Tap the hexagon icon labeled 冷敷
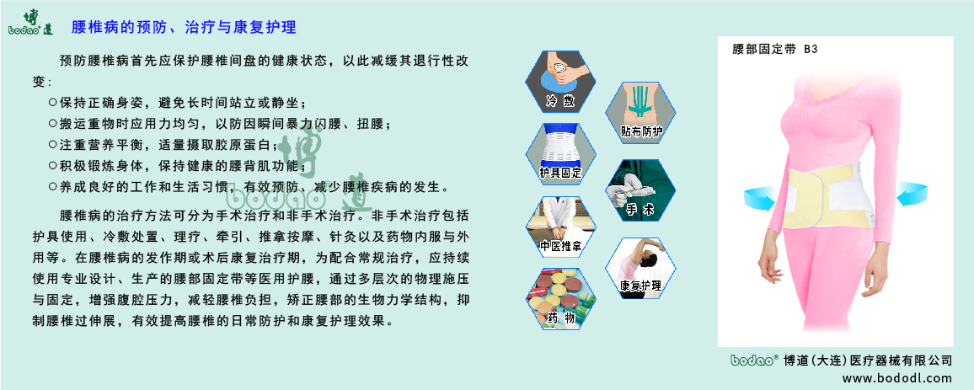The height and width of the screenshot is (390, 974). coord(560,83)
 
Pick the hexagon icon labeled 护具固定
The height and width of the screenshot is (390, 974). coord(560,153)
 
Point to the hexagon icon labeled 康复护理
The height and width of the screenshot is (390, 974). coord(641,267)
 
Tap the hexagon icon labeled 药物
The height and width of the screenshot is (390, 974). coord(560,298)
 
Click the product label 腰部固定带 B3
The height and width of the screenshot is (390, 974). coord(775,50)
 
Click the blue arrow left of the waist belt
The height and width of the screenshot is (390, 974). coord(760,200)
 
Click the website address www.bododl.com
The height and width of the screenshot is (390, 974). coord(896,378)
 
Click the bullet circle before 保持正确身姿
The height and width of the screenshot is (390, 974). coord(53,102)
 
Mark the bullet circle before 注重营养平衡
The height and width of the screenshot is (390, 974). coord(53,144)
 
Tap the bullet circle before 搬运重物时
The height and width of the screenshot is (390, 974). coord(53,123)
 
